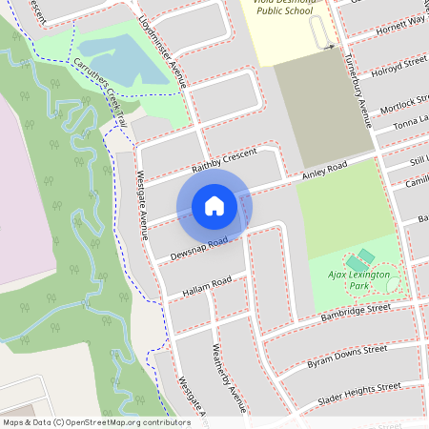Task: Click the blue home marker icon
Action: click(x=214, y=205)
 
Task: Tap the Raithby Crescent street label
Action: click(x=226, y=162)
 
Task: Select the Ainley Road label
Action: click(x=324, y=169)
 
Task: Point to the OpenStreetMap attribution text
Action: click(x=95, y=421)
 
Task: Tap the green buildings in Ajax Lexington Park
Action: click(x=360, y=258)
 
